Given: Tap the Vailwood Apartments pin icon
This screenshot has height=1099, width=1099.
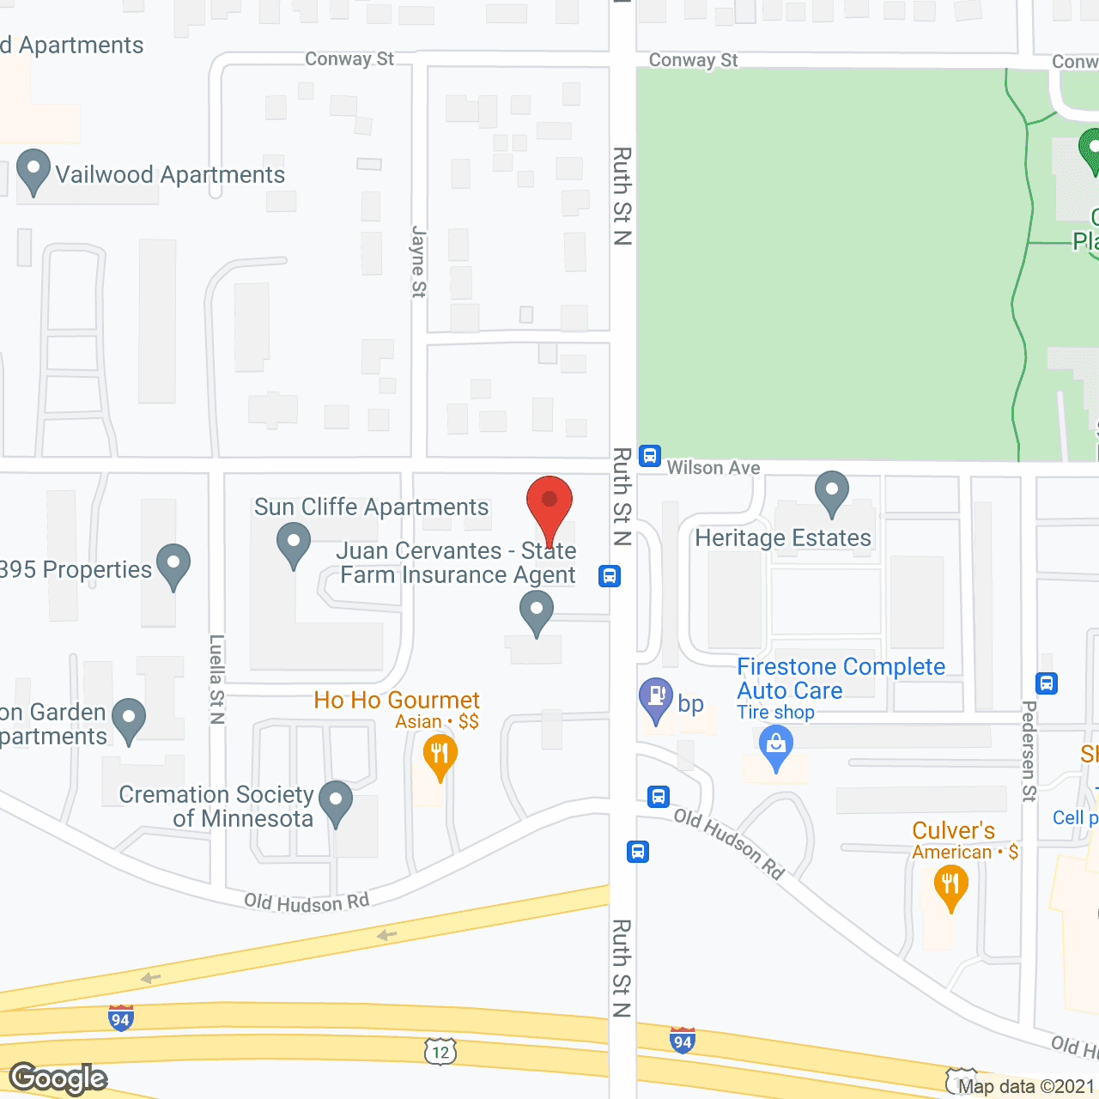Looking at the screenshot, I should (33, 171).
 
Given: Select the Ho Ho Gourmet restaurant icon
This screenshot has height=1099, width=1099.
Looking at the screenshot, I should (440, 756).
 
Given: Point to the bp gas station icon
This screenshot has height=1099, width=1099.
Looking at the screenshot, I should (657, 699).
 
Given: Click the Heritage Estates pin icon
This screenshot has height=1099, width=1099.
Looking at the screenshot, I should (831, 493).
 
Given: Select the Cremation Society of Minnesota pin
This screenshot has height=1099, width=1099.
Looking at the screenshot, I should (336, 802).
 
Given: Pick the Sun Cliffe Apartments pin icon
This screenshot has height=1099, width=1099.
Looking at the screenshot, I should (294, 544).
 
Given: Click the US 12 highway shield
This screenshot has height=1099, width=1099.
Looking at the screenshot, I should (440, 1051).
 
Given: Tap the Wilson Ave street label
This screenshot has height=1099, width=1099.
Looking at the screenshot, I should (713, 468).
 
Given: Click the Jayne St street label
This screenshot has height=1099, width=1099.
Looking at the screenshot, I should (419, 261).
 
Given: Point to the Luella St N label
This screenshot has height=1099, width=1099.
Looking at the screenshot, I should (217, 679).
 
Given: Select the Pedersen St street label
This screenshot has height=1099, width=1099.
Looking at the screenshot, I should (1029, 750).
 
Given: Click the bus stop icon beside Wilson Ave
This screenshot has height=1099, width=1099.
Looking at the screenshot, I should (650, 455).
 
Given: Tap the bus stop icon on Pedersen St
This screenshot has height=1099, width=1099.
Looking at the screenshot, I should (1047, 683).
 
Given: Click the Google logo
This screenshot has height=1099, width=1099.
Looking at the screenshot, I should (58, 1078).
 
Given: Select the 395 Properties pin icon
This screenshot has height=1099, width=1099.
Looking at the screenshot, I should (173, 565).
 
